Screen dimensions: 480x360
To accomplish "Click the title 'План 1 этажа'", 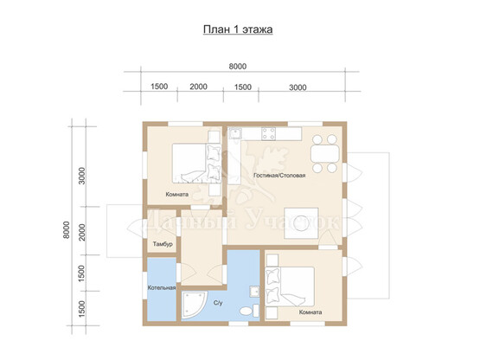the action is pyautogui.click(x=238, y=29).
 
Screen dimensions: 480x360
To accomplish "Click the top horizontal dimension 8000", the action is pyautogui.click(x=238, y=66).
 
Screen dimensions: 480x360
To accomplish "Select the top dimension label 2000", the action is pyautogui.click(x=198, y=87).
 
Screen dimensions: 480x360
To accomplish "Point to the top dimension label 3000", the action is pyautogui.click(x=298, y=87).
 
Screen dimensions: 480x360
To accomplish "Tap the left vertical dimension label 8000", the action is pyautogui.click(x=67, y=230).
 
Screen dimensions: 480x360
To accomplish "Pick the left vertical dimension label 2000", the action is pyautogui.click(x=82, y=232).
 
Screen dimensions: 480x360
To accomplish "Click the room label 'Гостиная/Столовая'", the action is pyautogui.click(x=279, y=176).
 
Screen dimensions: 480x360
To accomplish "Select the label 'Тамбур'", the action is pyautogui.click(x=163, y=244).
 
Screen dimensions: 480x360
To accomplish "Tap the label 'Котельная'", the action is pyautogui.click(x=162, y=287).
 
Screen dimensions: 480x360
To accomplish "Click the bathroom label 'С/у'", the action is pyautogui.click(x=218, y=303).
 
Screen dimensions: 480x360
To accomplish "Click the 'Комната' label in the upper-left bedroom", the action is pyautogui.click(x=177, y=194).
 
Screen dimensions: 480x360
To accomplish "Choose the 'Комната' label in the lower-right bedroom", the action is pyautogui.click(x=310, y=312).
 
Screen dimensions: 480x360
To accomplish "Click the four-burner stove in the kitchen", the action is pyautogui.click(x=268, y=133).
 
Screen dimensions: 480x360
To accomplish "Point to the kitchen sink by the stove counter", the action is pyautogui.click(x=235, y=133).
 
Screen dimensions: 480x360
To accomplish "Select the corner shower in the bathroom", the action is pyautogui.click(x=194, y=305).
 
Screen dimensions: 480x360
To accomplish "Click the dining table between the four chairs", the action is pyautogui.click(x=325, y=153).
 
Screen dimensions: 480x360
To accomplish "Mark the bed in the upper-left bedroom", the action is pyautogui.click(x=196, y=164).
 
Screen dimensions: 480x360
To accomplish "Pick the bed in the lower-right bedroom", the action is pyautogui.click(x=290, y=286).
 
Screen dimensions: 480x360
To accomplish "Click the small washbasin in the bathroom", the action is pyautogui.click(x=254, y=292).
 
